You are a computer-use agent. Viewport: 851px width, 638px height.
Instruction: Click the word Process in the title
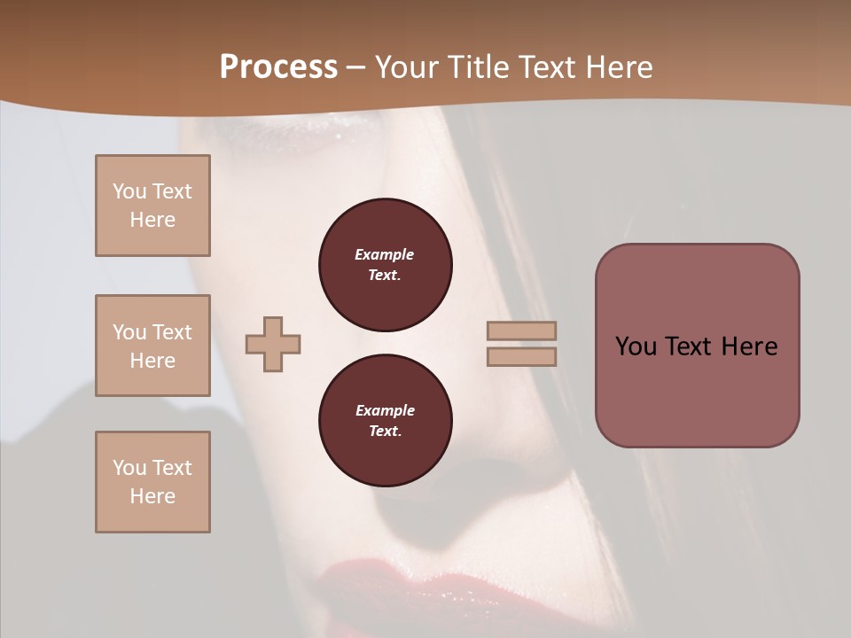pos(278,67)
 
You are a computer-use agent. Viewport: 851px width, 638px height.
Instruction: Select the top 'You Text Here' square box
pos(152,206)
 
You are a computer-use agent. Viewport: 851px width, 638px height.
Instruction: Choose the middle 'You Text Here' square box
pos(152,346)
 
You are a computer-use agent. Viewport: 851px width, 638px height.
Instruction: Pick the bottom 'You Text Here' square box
pos(152,482)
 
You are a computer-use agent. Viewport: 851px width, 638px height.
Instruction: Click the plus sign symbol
pos(273,344)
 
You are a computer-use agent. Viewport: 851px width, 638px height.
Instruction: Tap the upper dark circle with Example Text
pos(385,264)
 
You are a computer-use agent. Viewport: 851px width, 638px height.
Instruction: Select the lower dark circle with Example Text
pos(385,420)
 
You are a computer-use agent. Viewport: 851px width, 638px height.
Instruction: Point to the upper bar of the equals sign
pos(521,331)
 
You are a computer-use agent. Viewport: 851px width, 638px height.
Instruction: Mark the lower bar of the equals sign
pos(521,356)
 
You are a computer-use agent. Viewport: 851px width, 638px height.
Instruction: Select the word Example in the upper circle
pos(385,254)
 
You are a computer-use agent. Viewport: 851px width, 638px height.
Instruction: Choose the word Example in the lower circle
pos(385,410)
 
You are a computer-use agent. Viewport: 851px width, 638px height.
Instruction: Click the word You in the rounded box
pos(636,346)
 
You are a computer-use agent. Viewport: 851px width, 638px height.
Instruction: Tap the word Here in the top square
pos(152,220)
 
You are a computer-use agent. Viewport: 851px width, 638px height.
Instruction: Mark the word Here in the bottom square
pos(152,496)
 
